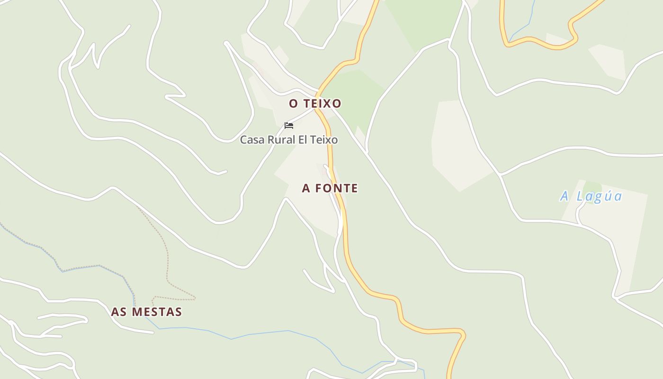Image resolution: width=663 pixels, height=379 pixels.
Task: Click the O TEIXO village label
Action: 315,103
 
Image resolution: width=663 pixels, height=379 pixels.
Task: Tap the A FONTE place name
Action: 330,188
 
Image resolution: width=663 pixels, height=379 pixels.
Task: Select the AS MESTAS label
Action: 146,312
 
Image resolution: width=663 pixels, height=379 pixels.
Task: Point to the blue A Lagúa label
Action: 591,196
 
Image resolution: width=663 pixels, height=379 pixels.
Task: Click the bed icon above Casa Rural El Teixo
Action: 289,126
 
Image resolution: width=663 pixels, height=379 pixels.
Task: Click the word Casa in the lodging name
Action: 252,140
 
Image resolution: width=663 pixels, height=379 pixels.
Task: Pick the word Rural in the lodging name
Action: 283,140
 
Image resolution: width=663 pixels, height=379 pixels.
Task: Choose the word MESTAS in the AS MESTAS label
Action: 157,312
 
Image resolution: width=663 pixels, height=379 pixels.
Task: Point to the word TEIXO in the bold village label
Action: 322,103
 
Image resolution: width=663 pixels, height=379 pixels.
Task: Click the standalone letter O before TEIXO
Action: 293,103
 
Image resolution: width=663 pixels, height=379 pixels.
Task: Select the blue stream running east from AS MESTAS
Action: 265,333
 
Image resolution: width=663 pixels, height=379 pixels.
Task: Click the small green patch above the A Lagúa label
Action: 592,187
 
